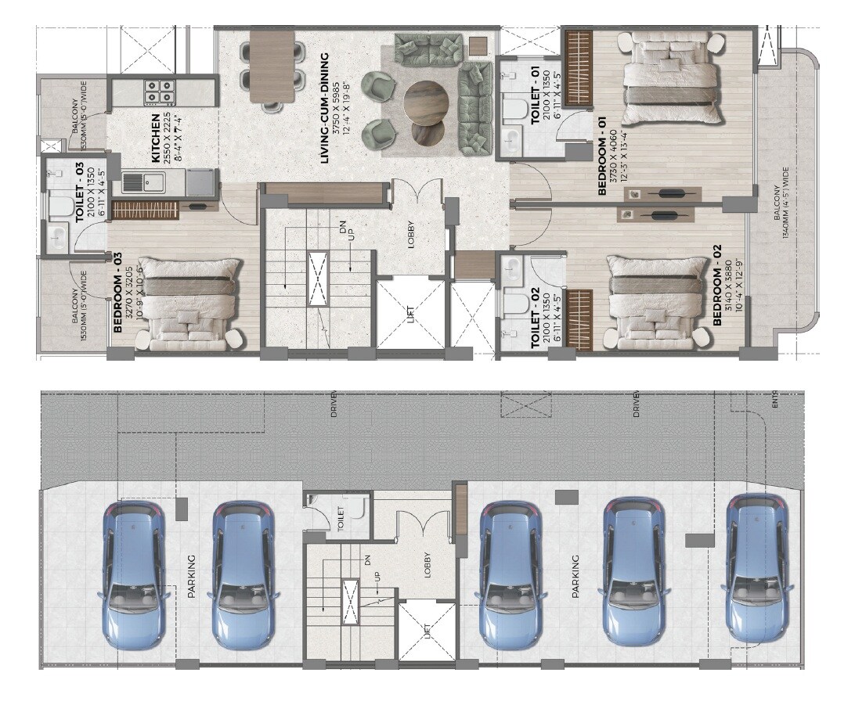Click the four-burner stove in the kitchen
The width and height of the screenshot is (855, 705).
[159, 92]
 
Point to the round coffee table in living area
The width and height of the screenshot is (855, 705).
[427, 102]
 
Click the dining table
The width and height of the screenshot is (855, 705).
[272, 67]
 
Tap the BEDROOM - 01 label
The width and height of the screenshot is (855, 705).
[603, 156]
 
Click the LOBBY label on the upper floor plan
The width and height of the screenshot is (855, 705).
[410, 236]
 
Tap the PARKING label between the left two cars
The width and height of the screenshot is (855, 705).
[191, 577]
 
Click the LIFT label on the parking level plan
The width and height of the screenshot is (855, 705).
[427, 630]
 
